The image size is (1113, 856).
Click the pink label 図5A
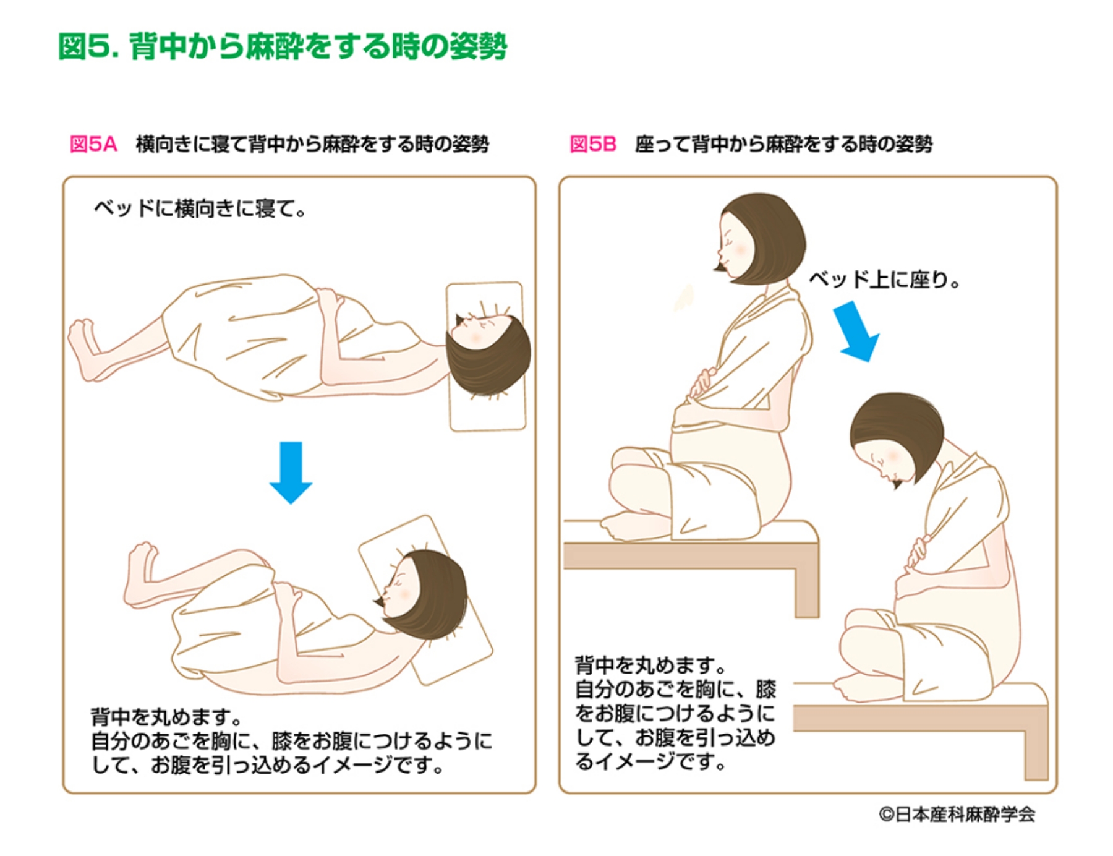[x=93, y=144]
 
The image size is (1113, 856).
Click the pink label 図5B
[x=592, y=144]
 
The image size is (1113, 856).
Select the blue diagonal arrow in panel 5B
[x=856, y=332]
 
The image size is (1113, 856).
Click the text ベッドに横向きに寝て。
[x=200, y=209]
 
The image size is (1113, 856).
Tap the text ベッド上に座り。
[x=884, y=280]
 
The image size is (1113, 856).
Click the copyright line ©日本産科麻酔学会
[x=957, y=814]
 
